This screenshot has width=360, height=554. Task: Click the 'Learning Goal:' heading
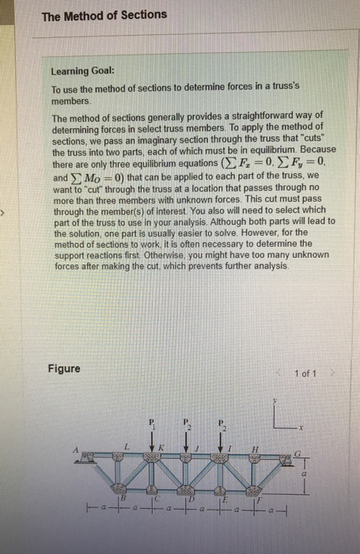(84, 70)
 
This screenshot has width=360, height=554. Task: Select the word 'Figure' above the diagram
(63, 369)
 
